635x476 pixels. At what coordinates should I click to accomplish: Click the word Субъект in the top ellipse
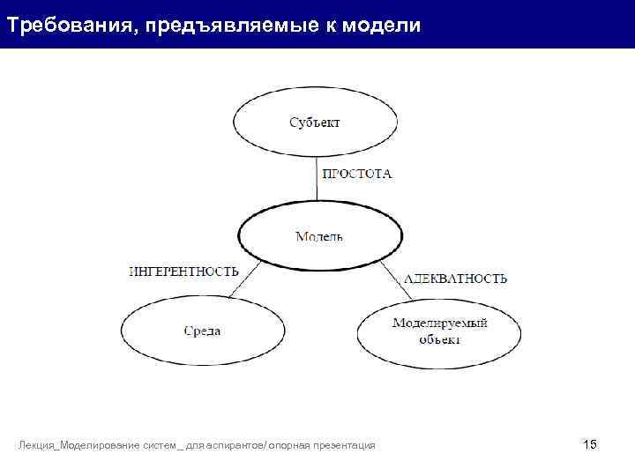315,123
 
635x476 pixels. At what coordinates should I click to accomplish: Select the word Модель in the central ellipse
318,236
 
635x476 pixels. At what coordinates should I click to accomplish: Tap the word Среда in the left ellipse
202,331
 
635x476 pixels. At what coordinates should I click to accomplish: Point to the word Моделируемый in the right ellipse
439,324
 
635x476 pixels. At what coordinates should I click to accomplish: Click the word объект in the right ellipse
439,339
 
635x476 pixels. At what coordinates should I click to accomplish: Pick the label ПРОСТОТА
356,174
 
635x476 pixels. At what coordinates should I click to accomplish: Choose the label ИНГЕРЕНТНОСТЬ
183,271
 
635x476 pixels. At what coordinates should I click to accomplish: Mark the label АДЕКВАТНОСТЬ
455,279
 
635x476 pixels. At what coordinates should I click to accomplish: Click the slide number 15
590,444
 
